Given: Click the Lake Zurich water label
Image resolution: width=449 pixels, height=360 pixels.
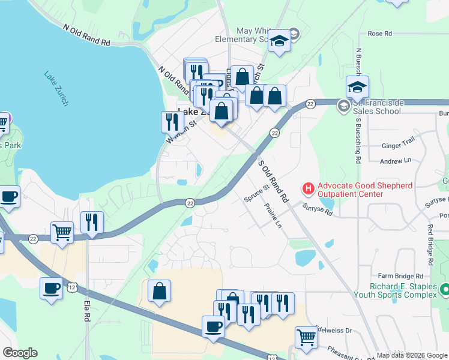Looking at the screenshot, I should [56, 89].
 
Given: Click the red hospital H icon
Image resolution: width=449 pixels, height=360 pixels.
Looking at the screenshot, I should [309, 189].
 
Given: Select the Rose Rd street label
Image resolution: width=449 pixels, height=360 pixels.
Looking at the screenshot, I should [379, 34].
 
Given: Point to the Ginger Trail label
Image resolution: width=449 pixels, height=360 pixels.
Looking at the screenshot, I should [399, 145].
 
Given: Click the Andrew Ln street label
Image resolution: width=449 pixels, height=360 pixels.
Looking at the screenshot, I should [396, 161].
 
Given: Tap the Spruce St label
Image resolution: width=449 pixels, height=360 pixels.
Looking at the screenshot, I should [256, 196].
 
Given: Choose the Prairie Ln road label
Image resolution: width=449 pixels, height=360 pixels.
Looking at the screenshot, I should [273, 215].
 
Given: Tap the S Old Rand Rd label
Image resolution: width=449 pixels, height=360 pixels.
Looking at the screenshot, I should [273, 179].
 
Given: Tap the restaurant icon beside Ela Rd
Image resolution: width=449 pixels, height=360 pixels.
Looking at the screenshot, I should [92, 222].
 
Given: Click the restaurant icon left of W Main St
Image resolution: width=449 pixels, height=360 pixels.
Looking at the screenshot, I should [172, 122].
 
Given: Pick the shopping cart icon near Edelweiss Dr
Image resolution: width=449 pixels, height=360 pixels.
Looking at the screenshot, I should [307, 337].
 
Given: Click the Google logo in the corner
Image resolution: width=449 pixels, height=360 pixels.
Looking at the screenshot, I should [20, 353].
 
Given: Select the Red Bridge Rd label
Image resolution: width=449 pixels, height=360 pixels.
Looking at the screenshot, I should [430, 245].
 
